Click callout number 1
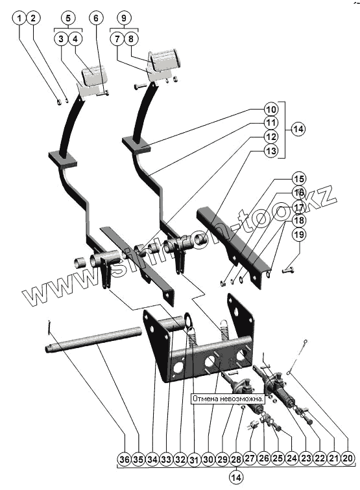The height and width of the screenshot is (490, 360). click(19, 17)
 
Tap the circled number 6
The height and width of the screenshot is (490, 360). click(96, 17)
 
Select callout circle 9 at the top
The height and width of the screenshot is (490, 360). click(124, 17)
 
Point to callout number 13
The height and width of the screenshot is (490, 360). click(271, 151)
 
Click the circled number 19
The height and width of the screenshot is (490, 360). click(299, 235)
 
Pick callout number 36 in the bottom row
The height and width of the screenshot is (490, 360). click(125, 460)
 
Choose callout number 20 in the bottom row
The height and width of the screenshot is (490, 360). click(348, 458)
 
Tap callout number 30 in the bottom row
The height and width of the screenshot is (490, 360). click(208, 460)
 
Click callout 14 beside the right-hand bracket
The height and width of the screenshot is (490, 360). click(298, 129)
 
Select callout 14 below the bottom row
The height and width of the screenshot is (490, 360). click(236, 478)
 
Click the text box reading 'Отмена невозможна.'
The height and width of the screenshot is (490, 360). click(228, 399)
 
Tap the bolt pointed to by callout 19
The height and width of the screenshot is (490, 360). click(288, 270)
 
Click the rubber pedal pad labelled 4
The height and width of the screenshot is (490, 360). click(95, 75)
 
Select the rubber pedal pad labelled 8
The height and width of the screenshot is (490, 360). click(165, 60)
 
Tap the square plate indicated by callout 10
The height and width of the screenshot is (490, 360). click(136, 145)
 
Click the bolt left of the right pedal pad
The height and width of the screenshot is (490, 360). click(140, 86)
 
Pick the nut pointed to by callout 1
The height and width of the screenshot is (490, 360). click(59, 102)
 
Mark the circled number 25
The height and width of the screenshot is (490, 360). click(278, 458)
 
